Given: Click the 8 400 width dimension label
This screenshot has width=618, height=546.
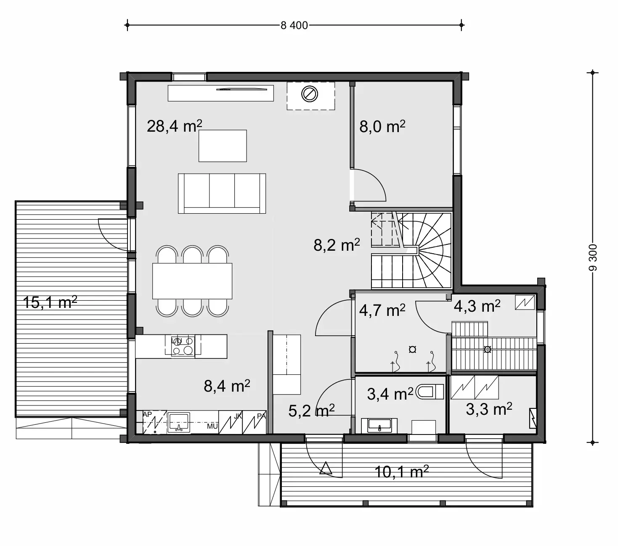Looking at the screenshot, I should [294, 25].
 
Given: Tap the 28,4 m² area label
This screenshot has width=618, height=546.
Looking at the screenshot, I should [174, 126].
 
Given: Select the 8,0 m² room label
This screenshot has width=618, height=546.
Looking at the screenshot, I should [382, 126].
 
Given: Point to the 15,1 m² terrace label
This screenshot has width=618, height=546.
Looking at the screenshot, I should [50, 302].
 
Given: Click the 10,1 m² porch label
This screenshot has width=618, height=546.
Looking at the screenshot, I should [401, 472].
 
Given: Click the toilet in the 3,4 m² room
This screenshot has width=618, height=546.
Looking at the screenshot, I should [430, 392].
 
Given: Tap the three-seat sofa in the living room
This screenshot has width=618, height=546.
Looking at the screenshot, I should [222, 193].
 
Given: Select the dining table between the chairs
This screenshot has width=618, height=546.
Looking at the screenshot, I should [192, 281].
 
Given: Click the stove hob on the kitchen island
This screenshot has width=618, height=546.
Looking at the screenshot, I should [183, 346].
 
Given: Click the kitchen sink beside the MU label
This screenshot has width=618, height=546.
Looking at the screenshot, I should [179, 422].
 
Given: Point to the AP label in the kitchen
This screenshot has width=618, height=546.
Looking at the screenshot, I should [147, 415].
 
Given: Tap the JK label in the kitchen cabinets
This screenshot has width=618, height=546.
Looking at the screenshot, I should [238, 416].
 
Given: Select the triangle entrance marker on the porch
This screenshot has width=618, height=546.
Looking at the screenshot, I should [325, 468].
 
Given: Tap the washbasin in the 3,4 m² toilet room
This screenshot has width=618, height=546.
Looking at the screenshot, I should [380, 425].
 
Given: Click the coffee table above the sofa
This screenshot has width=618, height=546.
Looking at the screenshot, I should [223, 146].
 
